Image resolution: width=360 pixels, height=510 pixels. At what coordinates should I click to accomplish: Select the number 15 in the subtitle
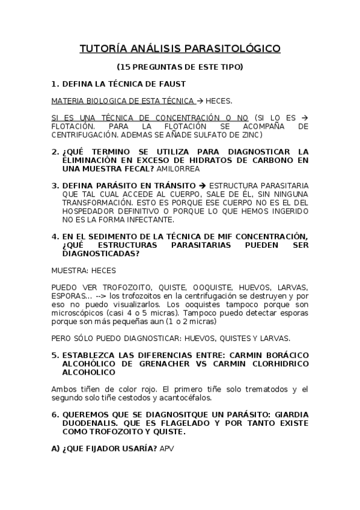click(x=124, y=67)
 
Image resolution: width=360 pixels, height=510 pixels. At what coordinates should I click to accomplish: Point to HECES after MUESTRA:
click(x=104, y=270)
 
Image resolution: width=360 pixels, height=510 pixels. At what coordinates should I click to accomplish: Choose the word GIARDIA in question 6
click(x=291, y=415)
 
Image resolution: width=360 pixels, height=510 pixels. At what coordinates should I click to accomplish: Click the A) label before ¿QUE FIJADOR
click(x=55, y=449)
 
